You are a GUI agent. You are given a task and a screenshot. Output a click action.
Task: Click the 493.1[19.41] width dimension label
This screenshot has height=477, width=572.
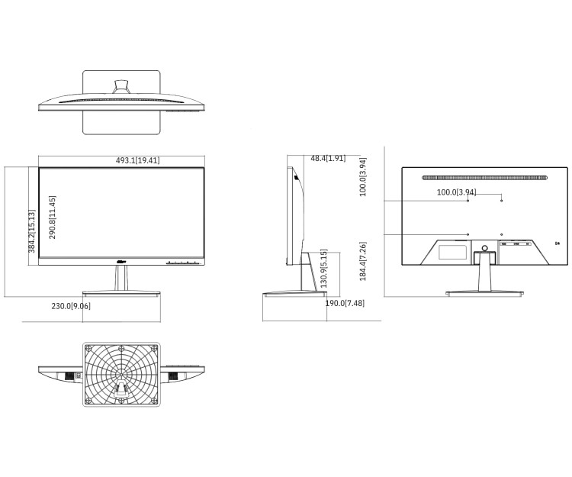[x=137, y=160]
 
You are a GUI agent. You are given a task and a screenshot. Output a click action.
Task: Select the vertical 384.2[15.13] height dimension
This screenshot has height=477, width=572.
[x=32, y=231]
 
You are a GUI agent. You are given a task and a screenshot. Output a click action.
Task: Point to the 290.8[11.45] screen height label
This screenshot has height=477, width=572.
[x=53, y=218]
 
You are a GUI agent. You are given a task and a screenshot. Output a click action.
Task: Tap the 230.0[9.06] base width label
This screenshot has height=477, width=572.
[x=71, y=306]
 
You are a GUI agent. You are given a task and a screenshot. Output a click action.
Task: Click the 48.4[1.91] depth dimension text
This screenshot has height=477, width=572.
[x=328, y=159]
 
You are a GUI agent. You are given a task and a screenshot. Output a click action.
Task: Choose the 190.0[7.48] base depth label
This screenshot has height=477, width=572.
[x=345, y=304]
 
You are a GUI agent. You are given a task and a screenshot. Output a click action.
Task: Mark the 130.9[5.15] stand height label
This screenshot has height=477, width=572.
[x=323, y=269]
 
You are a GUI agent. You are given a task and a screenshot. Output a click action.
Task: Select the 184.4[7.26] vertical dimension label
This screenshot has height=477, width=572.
[x=364, y=261]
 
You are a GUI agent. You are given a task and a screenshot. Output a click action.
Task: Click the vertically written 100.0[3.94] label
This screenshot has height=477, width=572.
[x=363, y=177]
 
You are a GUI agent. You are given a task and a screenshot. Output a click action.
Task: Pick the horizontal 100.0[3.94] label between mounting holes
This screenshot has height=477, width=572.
[x=456, y=192]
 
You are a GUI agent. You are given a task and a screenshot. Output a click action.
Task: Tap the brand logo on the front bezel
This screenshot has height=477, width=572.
[x=121, y=263]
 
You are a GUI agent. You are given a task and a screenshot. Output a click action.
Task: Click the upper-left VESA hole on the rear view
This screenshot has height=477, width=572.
[x=468, y=200]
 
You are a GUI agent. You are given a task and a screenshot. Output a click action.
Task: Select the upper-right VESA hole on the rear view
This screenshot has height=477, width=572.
[x=502, y=200]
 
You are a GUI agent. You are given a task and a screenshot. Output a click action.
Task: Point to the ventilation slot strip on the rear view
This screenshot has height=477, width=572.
[x=484, y=178]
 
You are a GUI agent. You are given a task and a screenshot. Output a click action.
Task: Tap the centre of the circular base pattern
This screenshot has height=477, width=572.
[x=121, y=373]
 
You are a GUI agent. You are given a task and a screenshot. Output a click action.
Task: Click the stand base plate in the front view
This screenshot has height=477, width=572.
[x=121, y=293]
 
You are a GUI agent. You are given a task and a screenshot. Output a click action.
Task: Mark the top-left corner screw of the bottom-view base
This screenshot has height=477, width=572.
[x=88, y=347]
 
